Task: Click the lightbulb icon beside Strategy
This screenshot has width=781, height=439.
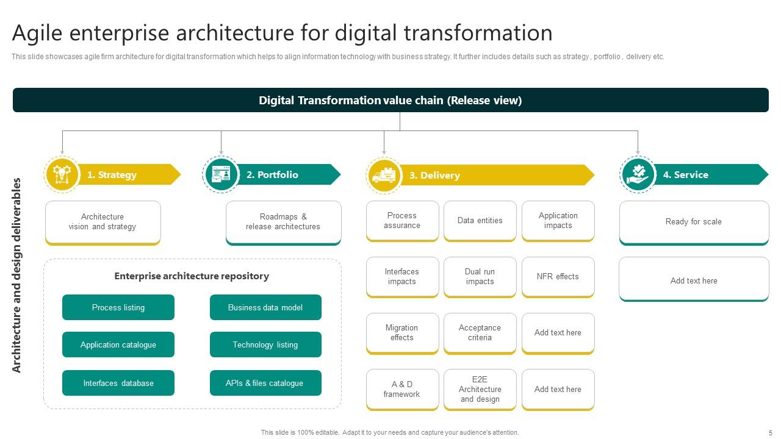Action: (x=62, y=174)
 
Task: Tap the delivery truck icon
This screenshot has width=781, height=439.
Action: (x=384, y=176)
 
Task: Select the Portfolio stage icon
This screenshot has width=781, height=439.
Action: (x=221, y=175)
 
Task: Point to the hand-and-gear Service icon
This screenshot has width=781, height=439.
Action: (x=638, y=174)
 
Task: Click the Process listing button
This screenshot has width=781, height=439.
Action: (x=118, y=307)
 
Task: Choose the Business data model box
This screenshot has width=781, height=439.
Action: (x=265, y=307)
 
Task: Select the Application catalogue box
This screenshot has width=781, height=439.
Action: (x=118, y=344)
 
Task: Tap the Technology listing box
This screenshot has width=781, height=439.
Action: (x=265, y=344)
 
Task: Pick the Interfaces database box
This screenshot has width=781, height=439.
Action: (x=118, y=383)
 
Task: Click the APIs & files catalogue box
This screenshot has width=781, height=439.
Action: (x=265, y=383)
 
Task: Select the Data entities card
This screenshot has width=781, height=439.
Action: (x=480, y=221)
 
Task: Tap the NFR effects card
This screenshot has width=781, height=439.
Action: (x=558, y=277)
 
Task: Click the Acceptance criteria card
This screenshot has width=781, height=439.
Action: (x=480, y=333)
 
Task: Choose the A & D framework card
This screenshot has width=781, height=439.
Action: (x=402, y=389)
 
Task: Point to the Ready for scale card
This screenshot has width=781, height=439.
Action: (x=694, y=222)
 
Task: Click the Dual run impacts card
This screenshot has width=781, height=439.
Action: (x=480, y=277)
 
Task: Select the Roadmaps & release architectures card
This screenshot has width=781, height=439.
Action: (x=283, y=222)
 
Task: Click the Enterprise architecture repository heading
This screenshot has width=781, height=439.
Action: (x=192, y=276)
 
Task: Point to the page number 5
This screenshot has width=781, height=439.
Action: (x=771, y=432)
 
